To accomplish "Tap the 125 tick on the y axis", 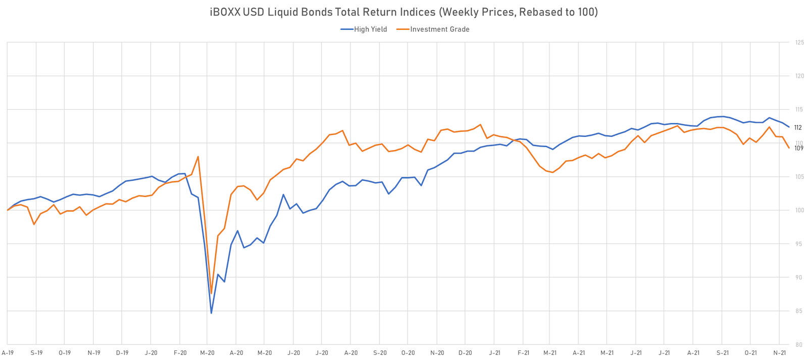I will [799, 43].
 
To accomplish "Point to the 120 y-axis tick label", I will [799, 76].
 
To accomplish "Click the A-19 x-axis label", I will [8, 353].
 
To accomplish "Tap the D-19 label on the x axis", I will [122, 353].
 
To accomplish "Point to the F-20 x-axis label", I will [180, 353].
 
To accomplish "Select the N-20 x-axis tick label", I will [437, 353].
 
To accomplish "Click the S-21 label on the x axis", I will [723, 353].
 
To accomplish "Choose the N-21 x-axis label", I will [780, 353].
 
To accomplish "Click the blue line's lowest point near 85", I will [211, 313].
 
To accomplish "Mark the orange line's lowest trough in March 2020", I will [211, 293].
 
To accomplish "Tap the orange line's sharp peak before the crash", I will [198, 157].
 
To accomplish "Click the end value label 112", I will [798, 128].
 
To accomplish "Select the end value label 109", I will [798, 148].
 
